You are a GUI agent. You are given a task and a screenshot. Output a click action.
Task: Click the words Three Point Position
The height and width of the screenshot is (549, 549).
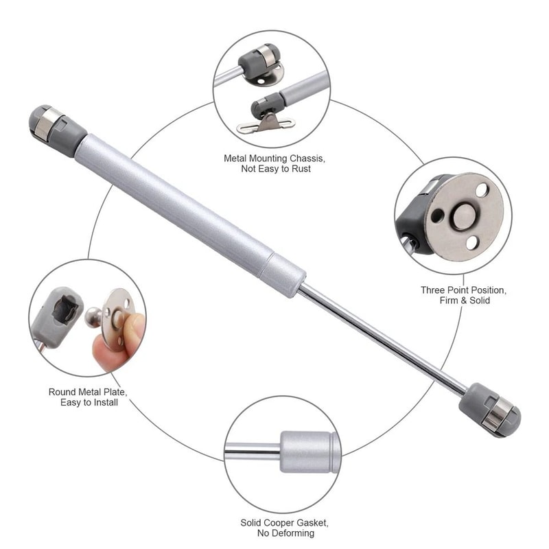coord(463,290)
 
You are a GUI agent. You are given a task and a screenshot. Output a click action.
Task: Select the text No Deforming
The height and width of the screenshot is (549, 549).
coord(287,534)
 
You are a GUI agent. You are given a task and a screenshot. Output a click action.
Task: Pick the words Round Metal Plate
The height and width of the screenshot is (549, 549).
coord(88,392)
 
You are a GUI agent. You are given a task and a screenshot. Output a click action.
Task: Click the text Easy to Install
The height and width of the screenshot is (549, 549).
coord(88,403)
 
